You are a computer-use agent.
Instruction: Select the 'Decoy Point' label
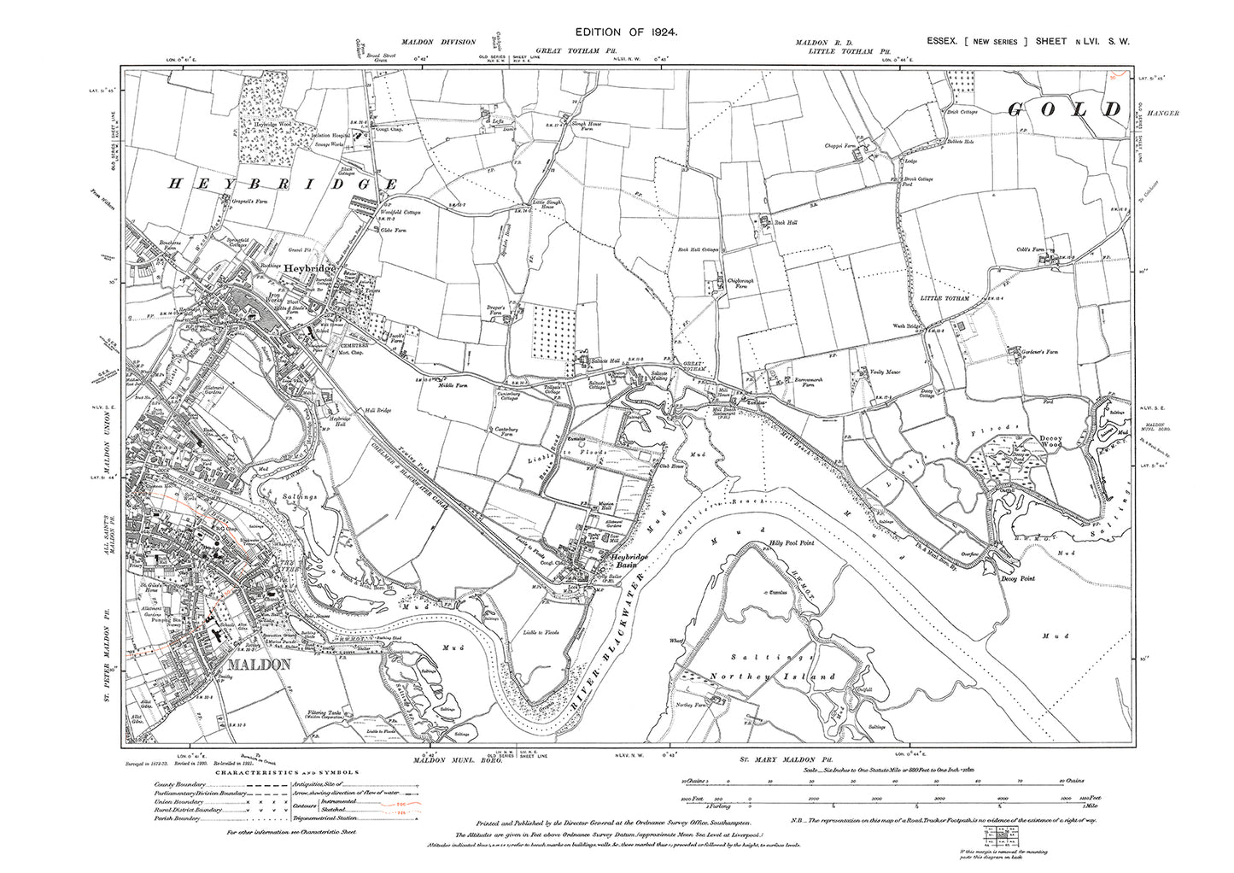click(x=1017, y=578)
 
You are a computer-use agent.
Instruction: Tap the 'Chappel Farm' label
click(x=841, y=146)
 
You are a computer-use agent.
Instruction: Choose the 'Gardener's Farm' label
click(x=1027, y=351)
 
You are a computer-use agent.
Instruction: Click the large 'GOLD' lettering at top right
click(x=1063, y=109)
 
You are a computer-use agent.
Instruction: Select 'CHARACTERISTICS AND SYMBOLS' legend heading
click(x=279, y=771)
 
